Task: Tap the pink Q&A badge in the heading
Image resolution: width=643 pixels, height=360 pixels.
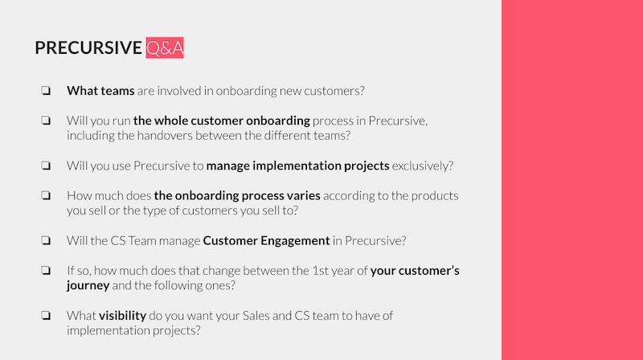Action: pos(165,48)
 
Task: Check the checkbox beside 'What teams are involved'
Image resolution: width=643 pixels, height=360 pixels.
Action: pos(45,91)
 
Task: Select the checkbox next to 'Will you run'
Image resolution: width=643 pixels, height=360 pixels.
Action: pos(45,121)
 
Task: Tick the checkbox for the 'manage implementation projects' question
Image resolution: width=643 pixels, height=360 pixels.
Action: pos(45,166)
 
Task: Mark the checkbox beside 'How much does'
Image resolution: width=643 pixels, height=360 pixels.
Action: pos(45,195)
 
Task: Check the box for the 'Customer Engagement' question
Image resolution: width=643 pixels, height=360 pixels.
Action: pos(45,240)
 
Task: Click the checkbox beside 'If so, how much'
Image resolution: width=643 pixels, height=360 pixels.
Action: pos(45,270)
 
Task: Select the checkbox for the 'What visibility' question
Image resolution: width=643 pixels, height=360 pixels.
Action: pos(45,316)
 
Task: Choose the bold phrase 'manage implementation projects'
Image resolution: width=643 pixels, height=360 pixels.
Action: pos(297,166)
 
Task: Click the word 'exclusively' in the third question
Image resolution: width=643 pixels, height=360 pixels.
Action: pos(423,166)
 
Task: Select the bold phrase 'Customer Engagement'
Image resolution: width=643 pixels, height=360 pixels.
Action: pos(266,240)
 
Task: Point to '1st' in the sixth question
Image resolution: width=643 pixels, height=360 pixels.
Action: pos(320,270)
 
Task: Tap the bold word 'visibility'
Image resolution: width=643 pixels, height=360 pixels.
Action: pos(122,316)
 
